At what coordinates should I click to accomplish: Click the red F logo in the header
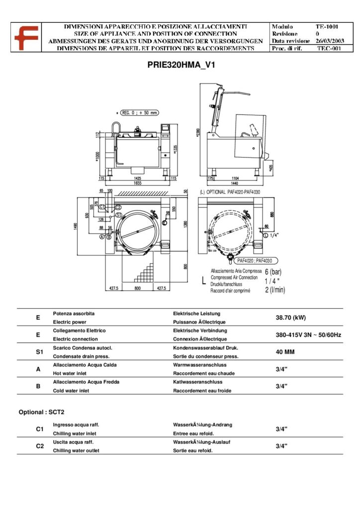click(23, 37)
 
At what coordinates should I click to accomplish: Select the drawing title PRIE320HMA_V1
click(180, 64)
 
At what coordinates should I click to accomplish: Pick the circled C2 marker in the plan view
click(118, 206)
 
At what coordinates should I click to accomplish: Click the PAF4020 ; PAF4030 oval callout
click(257, 260)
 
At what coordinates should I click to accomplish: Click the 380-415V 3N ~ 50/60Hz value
click(308, 335)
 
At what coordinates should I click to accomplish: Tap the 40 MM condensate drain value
click(285, 352)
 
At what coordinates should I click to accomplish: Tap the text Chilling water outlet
click(76, 450)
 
